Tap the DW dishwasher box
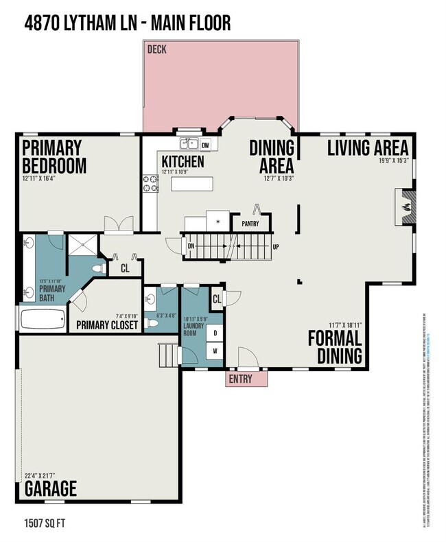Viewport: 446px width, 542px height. pyautogui.click(x=206, y=143)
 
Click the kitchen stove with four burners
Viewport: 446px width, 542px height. pyautogui.click(x=150, y=184)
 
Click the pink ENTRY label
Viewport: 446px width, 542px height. pyautogui.click(x=240, y=379)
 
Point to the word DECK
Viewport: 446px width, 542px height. pyautogui.click(x=157, y=49)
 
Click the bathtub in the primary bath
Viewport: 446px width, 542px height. pyautogui.click(x=43, y=319)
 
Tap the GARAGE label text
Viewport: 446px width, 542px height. pyautogui.click(x=51, y=488)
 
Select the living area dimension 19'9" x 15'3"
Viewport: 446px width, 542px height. pyautogui.click(x=393, y=161)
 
